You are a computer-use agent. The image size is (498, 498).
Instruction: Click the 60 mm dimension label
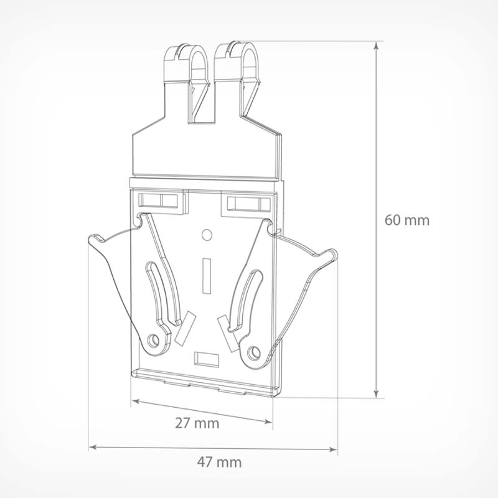(407, 220)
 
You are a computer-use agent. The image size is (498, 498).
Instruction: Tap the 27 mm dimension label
(197, 423)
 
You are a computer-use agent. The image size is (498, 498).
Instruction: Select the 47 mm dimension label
(220, 462)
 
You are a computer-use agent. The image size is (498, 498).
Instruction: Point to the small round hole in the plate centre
(207, 235)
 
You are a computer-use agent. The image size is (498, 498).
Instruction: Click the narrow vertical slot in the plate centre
(207, 276)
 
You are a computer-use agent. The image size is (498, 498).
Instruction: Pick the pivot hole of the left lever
(154, 341)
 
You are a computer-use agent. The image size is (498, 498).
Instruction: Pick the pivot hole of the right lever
(254, 352)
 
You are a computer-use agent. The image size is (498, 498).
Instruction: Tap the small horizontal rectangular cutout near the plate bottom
(207, 359)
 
